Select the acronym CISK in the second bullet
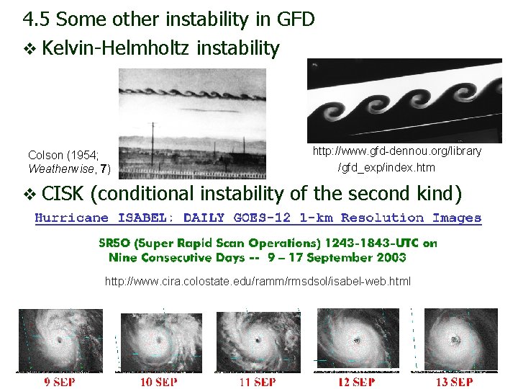[x=65, y=194]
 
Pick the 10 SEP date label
[x=156, y=382]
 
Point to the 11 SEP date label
[x=255, y=382]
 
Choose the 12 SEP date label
[x=355, y=382]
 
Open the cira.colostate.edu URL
[x=258, y=281]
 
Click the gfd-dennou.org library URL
[x=396, y=151]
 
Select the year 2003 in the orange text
[x=391, y=257]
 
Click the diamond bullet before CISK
[x=29, y=194]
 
